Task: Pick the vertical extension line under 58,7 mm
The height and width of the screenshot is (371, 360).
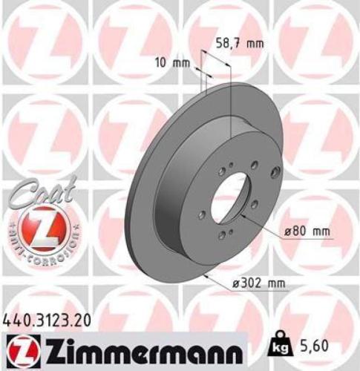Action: (x=231, y=96)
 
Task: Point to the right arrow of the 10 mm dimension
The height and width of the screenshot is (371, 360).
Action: (x=209, y=75)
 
